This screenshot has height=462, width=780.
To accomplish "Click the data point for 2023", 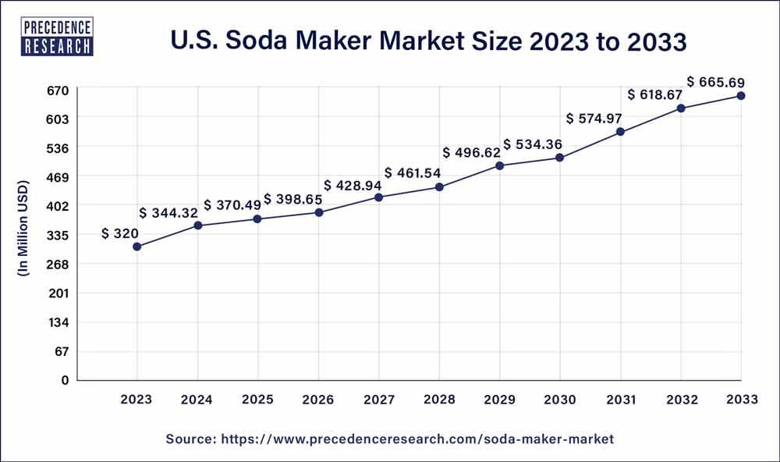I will click(x=137, y=247).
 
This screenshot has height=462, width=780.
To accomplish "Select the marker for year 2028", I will click(x=439, y=187).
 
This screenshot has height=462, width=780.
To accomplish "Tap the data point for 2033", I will click(x=741, y=96).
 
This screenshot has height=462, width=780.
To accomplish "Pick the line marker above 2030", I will click(x=560, y=158).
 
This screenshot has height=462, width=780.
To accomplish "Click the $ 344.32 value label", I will click(x=169, y=212).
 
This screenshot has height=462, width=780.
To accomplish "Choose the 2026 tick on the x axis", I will click(x=318, y=400).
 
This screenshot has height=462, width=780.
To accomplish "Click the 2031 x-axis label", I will click(x=620, y=400).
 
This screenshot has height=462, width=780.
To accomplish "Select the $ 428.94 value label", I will click(x=350, y=185).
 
